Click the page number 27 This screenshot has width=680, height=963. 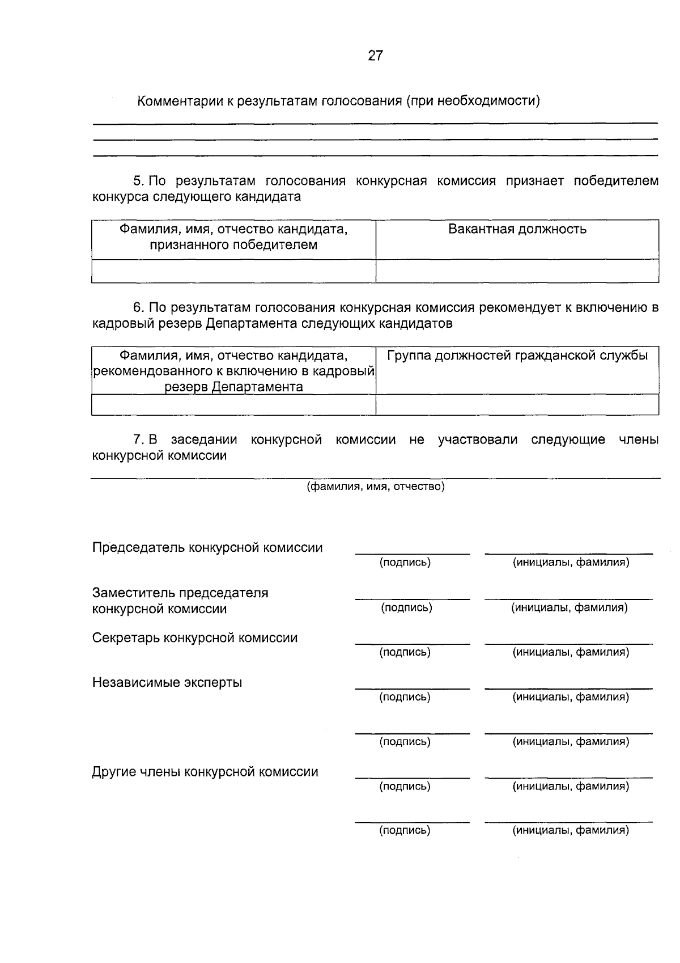(375, 56)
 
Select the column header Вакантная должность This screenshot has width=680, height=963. (517, 229)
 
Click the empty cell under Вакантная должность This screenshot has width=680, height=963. (517, 271)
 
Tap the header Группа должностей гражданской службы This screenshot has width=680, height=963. (517, 356)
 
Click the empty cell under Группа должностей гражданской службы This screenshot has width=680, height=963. (517, 405)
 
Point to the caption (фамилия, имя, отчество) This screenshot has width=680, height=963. (375, 487)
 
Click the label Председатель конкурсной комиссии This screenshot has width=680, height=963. (207, 548)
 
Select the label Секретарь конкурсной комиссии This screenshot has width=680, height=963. (195, 638)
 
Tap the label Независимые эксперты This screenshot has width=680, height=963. (167, 682)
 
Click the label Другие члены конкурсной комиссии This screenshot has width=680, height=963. (205, 772)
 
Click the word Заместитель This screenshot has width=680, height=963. (133, 593)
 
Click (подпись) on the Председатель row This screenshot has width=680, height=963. (405, 563)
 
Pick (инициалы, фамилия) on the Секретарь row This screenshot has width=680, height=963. (571, 652)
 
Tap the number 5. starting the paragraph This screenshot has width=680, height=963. (138, 181)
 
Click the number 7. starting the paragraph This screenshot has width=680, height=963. (138, 440)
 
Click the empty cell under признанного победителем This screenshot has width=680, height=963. (233, 271)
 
